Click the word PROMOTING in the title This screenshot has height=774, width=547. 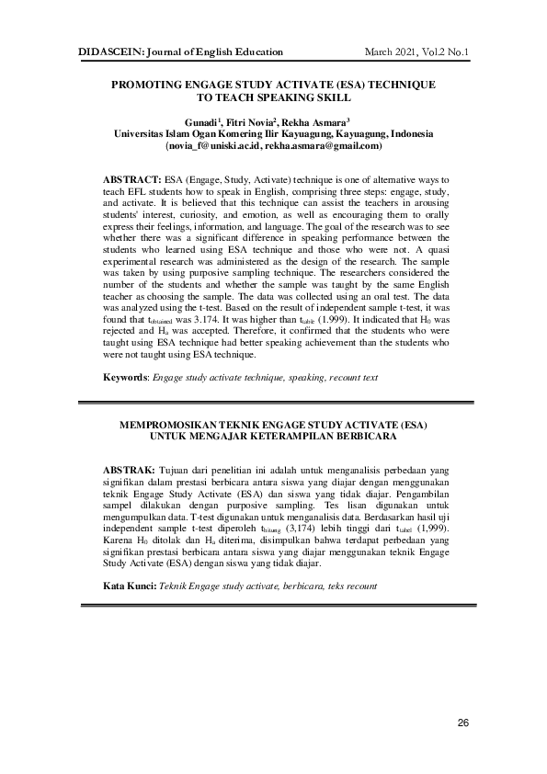[x=149, y=84]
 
